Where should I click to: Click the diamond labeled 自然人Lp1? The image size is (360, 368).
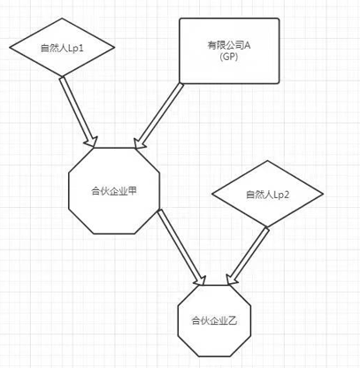[x=62, y=47]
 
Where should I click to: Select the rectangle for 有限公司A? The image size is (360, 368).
[x=229, y=51]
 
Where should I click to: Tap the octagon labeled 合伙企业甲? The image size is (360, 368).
[x=114, y=191]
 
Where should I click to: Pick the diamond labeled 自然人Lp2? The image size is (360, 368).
[x=267, y=194]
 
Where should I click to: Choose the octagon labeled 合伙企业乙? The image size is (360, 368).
[x=214, y=321]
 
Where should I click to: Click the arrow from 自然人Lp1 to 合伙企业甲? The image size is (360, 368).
[x=79, y=111]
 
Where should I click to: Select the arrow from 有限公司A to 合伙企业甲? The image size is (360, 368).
[x=158, y=116]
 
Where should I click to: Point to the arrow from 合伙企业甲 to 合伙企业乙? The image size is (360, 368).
[x=181, y=247]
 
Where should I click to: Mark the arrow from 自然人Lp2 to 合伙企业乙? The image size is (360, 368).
[x=248, y=256]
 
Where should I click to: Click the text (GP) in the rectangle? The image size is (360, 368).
[x=229, y=57]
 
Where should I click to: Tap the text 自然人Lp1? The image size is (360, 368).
[x=62, y=48]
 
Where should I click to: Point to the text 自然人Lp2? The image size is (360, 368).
[x=267, y=195]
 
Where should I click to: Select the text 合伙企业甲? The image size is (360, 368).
[x=114, y=191]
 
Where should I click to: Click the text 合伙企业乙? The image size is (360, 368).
[x=214, y=320]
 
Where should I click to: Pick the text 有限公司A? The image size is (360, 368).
[x=229, y=46]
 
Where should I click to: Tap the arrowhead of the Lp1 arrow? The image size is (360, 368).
[x=92, y=142]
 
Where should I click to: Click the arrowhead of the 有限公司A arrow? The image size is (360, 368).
[x=140, y=143]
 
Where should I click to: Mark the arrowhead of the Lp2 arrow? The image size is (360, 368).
[x=232, y=280]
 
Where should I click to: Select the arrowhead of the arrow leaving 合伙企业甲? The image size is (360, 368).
[x=200, y=280]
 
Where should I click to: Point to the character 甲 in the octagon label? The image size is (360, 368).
[x=133, y=191]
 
